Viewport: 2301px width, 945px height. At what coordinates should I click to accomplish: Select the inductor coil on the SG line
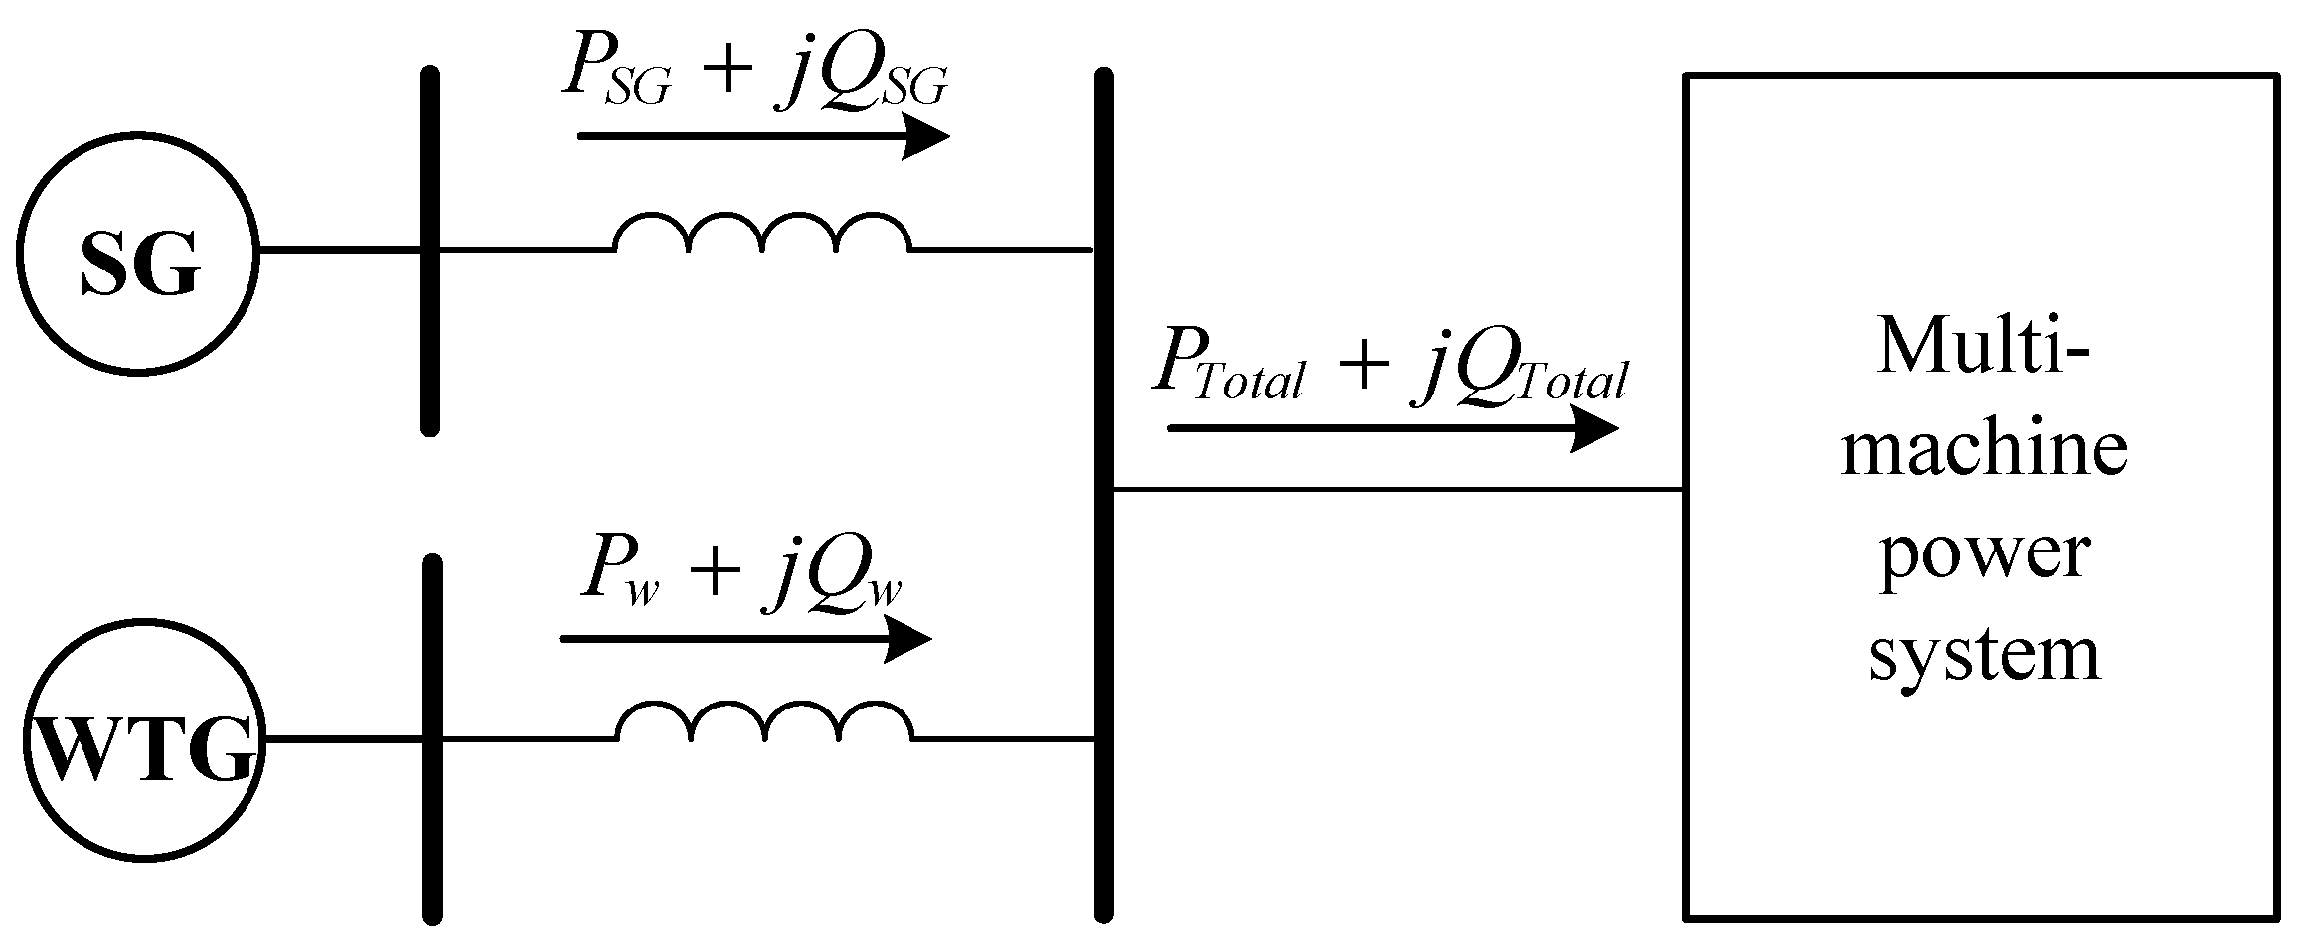pyautogui.click(x=761, y=234)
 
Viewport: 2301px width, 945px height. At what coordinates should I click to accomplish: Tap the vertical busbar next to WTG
pyautogui.click(x=430, y=740)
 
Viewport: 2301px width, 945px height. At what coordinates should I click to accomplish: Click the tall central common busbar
pyautogui.click(x=1103, y=492)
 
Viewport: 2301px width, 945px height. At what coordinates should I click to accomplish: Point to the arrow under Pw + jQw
pyautogui.click(x=745, y=639)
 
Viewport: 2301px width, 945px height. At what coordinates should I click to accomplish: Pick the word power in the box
pyautogui.click(x=1983, y=551)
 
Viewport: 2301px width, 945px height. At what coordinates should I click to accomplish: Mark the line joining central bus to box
pyautogui.click(x=1392, y=490)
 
